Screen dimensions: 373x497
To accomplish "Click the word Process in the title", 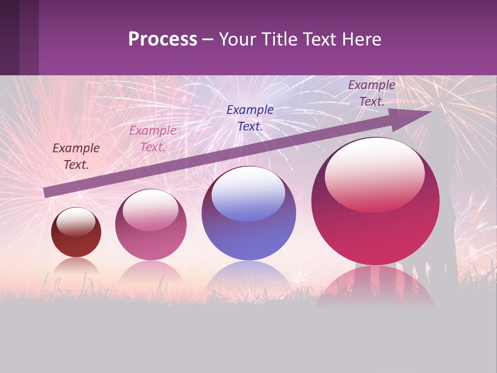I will tap(163, 39).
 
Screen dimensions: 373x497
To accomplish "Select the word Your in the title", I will tap(237, 39).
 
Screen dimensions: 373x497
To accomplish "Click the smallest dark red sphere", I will tap(76, 233).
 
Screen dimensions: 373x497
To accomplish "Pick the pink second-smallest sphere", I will tap(151, 225).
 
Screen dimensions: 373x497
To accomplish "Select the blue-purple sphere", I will tap(248, 213).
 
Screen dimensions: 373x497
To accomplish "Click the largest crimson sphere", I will tap(375, 201).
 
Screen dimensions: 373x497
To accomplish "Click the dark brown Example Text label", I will tap(76, 156).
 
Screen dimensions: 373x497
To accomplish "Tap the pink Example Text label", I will tap(153, 139).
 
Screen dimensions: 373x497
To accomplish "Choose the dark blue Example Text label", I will tap(250, 118).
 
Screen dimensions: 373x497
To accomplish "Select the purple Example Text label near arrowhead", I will tap(372, 93).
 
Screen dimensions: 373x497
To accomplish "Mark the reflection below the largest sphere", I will tap(375, 288).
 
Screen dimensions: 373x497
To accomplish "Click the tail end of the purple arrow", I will tap(47, 193).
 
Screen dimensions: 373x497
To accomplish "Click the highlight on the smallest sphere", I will tap(76, 222).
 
